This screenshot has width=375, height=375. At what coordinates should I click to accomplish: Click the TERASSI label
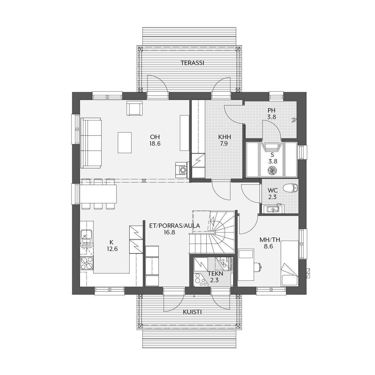[192, 63]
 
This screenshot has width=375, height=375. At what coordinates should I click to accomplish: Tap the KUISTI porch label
[192, 312]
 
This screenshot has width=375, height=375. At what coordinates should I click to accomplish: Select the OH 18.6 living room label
[155, 140]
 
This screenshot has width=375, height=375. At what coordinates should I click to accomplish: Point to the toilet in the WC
[290, 188]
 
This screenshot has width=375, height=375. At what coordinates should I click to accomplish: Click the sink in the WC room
[273, 209]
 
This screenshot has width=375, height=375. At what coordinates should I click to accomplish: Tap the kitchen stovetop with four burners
[87, 263]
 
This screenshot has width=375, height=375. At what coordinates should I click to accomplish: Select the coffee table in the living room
[125, 142]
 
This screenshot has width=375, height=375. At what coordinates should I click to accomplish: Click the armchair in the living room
[134, 108]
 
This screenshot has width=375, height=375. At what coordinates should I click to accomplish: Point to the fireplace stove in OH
[182, 170]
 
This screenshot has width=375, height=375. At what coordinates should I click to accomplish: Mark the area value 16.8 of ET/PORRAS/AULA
[169, 232]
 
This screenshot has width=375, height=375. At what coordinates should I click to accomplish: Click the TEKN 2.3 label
[215, 277]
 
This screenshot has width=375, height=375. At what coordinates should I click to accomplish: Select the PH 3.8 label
[272, 114]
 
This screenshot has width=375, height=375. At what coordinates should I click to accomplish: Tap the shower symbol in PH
[294, 120]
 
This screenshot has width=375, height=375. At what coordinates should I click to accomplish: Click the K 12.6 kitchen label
[112, 245]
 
